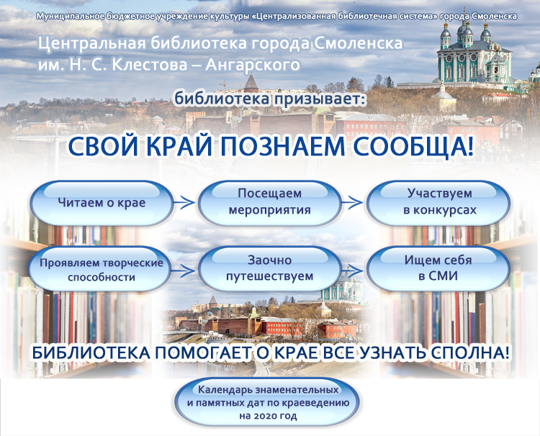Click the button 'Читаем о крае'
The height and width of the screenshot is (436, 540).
tap(102, 203)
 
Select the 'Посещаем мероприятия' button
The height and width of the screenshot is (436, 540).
tap(270, 203)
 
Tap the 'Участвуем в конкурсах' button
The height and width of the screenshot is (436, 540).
tap(438, 203)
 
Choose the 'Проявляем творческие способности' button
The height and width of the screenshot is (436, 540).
tap(101, 270)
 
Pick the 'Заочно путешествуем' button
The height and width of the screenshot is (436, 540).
tap(270, 270)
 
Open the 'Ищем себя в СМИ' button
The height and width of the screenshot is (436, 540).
tap(438, 270)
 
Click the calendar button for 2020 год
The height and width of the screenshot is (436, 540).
tap(268, 402)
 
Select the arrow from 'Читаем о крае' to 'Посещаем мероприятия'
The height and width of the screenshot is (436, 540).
tap(184, 203)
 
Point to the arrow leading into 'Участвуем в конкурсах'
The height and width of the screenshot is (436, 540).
tap(352, 203)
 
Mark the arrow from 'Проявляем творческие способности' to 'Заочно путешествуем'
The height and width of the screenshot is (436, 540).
tap(184, 271)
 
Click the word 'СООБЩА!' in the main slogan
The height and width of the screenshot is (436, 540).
tap(413, 147)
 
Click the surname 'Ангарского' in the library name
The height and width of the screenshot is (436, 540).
tap(253, 65)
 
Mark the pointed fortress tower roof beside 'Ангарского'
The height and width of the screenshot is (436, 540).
tap(251, 82)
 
